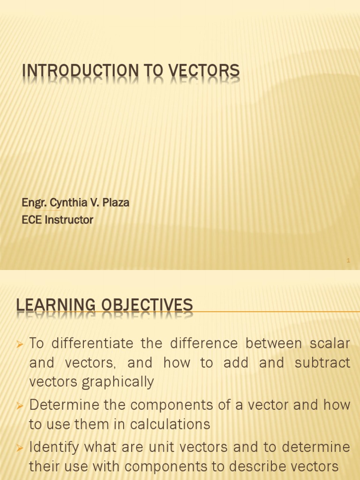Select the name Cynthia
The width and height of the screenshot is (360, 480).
pyautogui.click(x=68, y=203)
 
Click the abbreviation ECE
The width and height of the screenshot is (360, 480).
pyautogui.click(x=31, y=220)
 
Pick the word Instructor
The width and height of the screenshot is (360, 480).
pyautogui.click(x=69, y=220)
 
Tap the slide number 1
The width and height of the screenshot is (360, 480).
pyautogui.click(x=348, y=260)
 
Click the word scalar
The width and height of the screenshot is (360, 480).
pyautogui.click(x=330, y=344)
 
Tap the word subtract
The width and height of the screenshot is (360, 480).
pyautogui.click(x=323, y=363)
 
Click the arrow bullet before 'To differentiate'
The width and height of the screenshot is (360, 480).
pyautogui.click(x=20, y=345)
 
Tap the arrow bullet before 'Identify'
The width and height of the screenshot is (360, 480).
pyautogui.click(x=20, y=448)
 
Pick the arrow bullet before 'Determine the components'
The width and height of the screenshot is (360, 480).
pyautogui.click(x=20, y=406)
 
